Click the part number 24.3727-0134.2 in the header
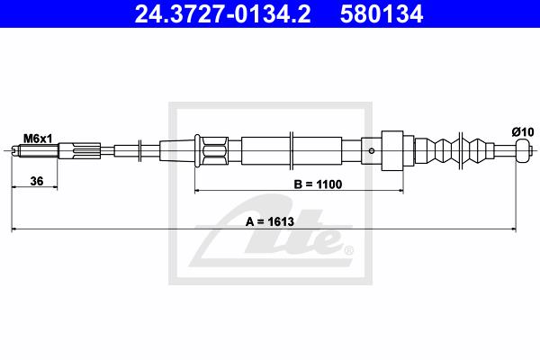click(x=222, y=13)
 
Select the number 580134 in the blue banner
click(x=382, y=13)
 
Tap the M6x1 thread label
click(x=38, y=139)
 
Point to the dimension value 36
click(x=37, y=181)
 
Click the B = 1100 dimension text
click(x=318, y=184)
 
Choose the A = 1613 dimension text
click(x=270, y=221)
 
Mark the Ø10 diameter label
click(x=522, y=132)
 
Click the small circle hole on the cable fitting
click(x=371, y=151)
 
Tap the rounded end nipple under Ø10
click(x=522, y=150)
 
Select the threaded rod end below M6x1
click(x=34, y=151)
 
